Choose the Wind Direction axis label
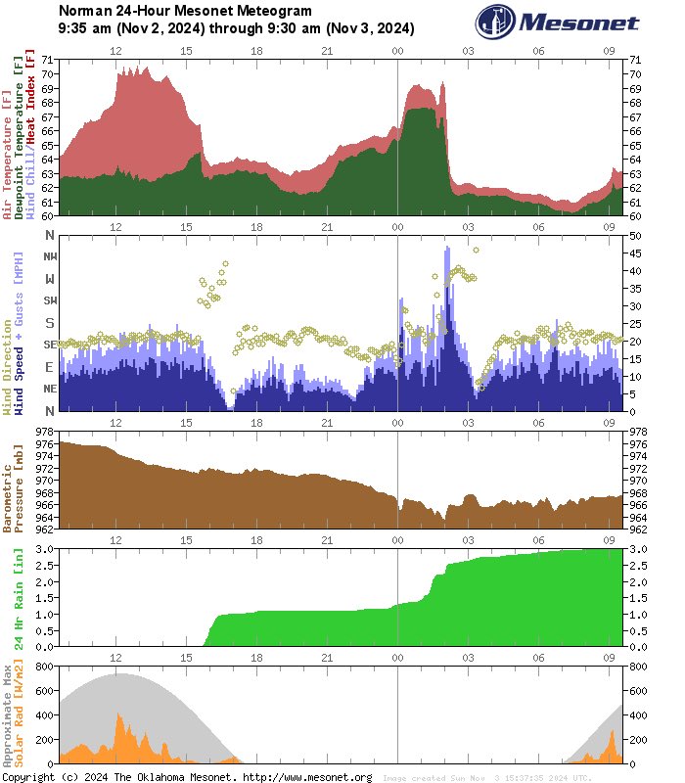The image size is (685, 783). click(x=8, y=363)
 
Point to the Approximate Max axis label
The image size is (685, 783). click(x=8, y=715)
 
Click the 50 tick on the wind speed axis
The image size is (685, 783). click(x=634, y=236)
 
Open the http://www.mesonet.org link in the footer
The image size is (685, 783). click(x=305, y=777)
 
